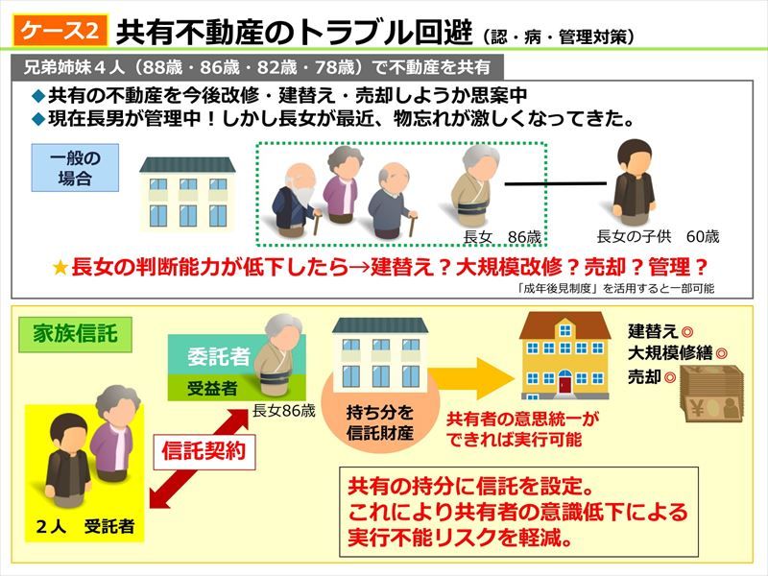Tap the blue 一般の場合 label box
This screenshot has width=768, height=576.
pyautogui.click(x=75, y=167)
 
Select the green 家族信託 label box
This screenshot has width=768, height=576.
pyautogui.click(x=75, y=334)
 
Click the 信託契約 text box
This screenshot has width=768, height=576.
pyautogui.click(x=204, y=451)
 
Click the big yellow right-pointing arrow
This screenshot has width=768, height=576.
pyautogui.click(x=473, y=378)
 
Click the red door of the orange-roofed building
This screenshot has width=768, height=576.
pyautogui.click(x=564, y=381)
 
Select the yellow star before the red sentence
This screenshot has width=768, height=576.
pyautogui.click(x=60, y=268)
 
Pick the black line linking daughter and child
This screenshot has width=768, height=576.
pyautogui.click(x=556, y=184)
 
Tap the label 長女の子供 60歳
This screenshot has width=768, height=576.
pyautogui.click(x=658, y=237)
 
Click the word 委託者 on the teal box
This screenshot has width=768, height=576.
pyautogui.click(x=219, y=356)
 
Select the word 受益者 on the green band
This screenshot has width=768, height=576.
pyautogui.click(x=212, y=389)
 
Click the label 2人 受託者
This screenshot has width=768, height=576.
pyautogui.click(x=85, y=526)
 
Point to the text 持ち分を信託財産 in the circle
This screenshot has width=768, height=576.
pyautogui.click(x=380, y=422)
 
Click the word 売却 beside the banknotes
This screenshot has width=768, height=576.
pyautogui.click(x=644, y=377)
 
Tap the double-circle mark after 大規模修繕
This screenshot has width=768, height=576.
pyautogui.click(x=721, y=353)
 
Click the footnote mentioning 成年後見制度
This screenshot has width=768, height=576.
pyautogui.click(x=615, y=289)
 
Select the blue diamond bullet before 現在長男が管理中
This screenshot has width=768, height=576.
pyautogui.click(x=38, y=119)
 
